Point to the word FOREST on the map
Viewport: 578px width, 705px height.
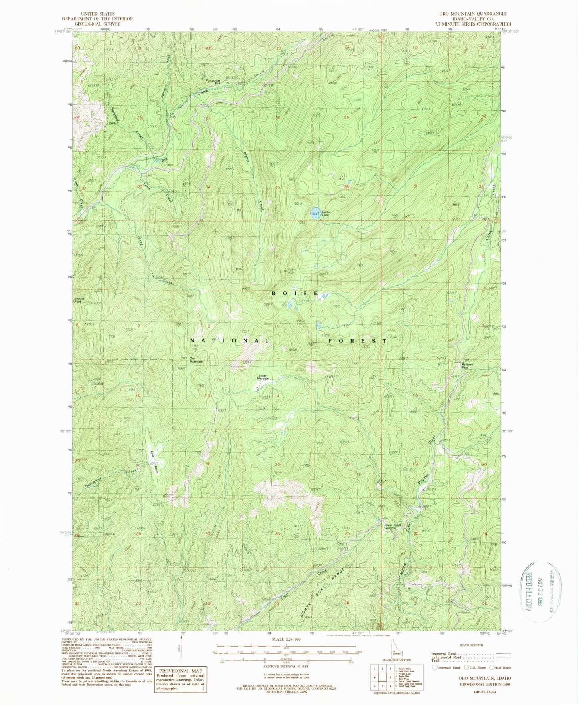pos(357,341)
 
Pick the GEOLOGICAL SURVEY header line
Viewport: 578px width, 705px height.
pos(97,24)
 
